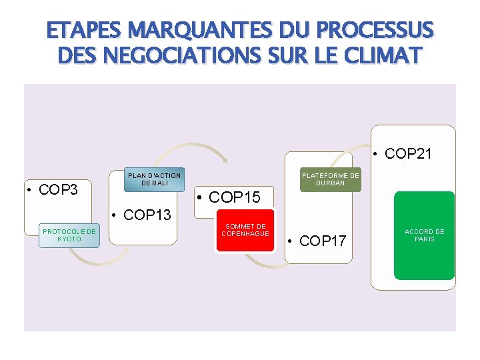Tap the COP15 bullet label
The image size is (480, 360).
point(231,197)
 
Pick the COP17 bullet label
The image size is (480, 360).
point(320,241)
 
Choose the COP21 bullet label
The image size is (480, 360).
point(406,153)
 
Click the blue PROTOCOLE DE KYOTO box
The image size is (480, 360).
point(69,235)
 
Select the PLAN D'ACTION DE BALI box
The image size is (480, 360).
point(154,179)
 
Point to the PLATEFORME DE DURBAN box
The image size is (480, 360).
point(330,179)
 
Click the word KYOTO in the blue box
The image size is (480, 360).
point(69,239)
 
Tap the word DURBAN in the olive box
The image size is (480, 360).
point(330,183)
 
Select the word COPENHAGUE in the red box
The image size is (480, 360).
point(245,234)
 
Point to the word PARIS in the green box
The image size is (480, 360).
point(424,239)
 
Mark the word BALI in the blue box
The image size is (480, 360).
point(160,183)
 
